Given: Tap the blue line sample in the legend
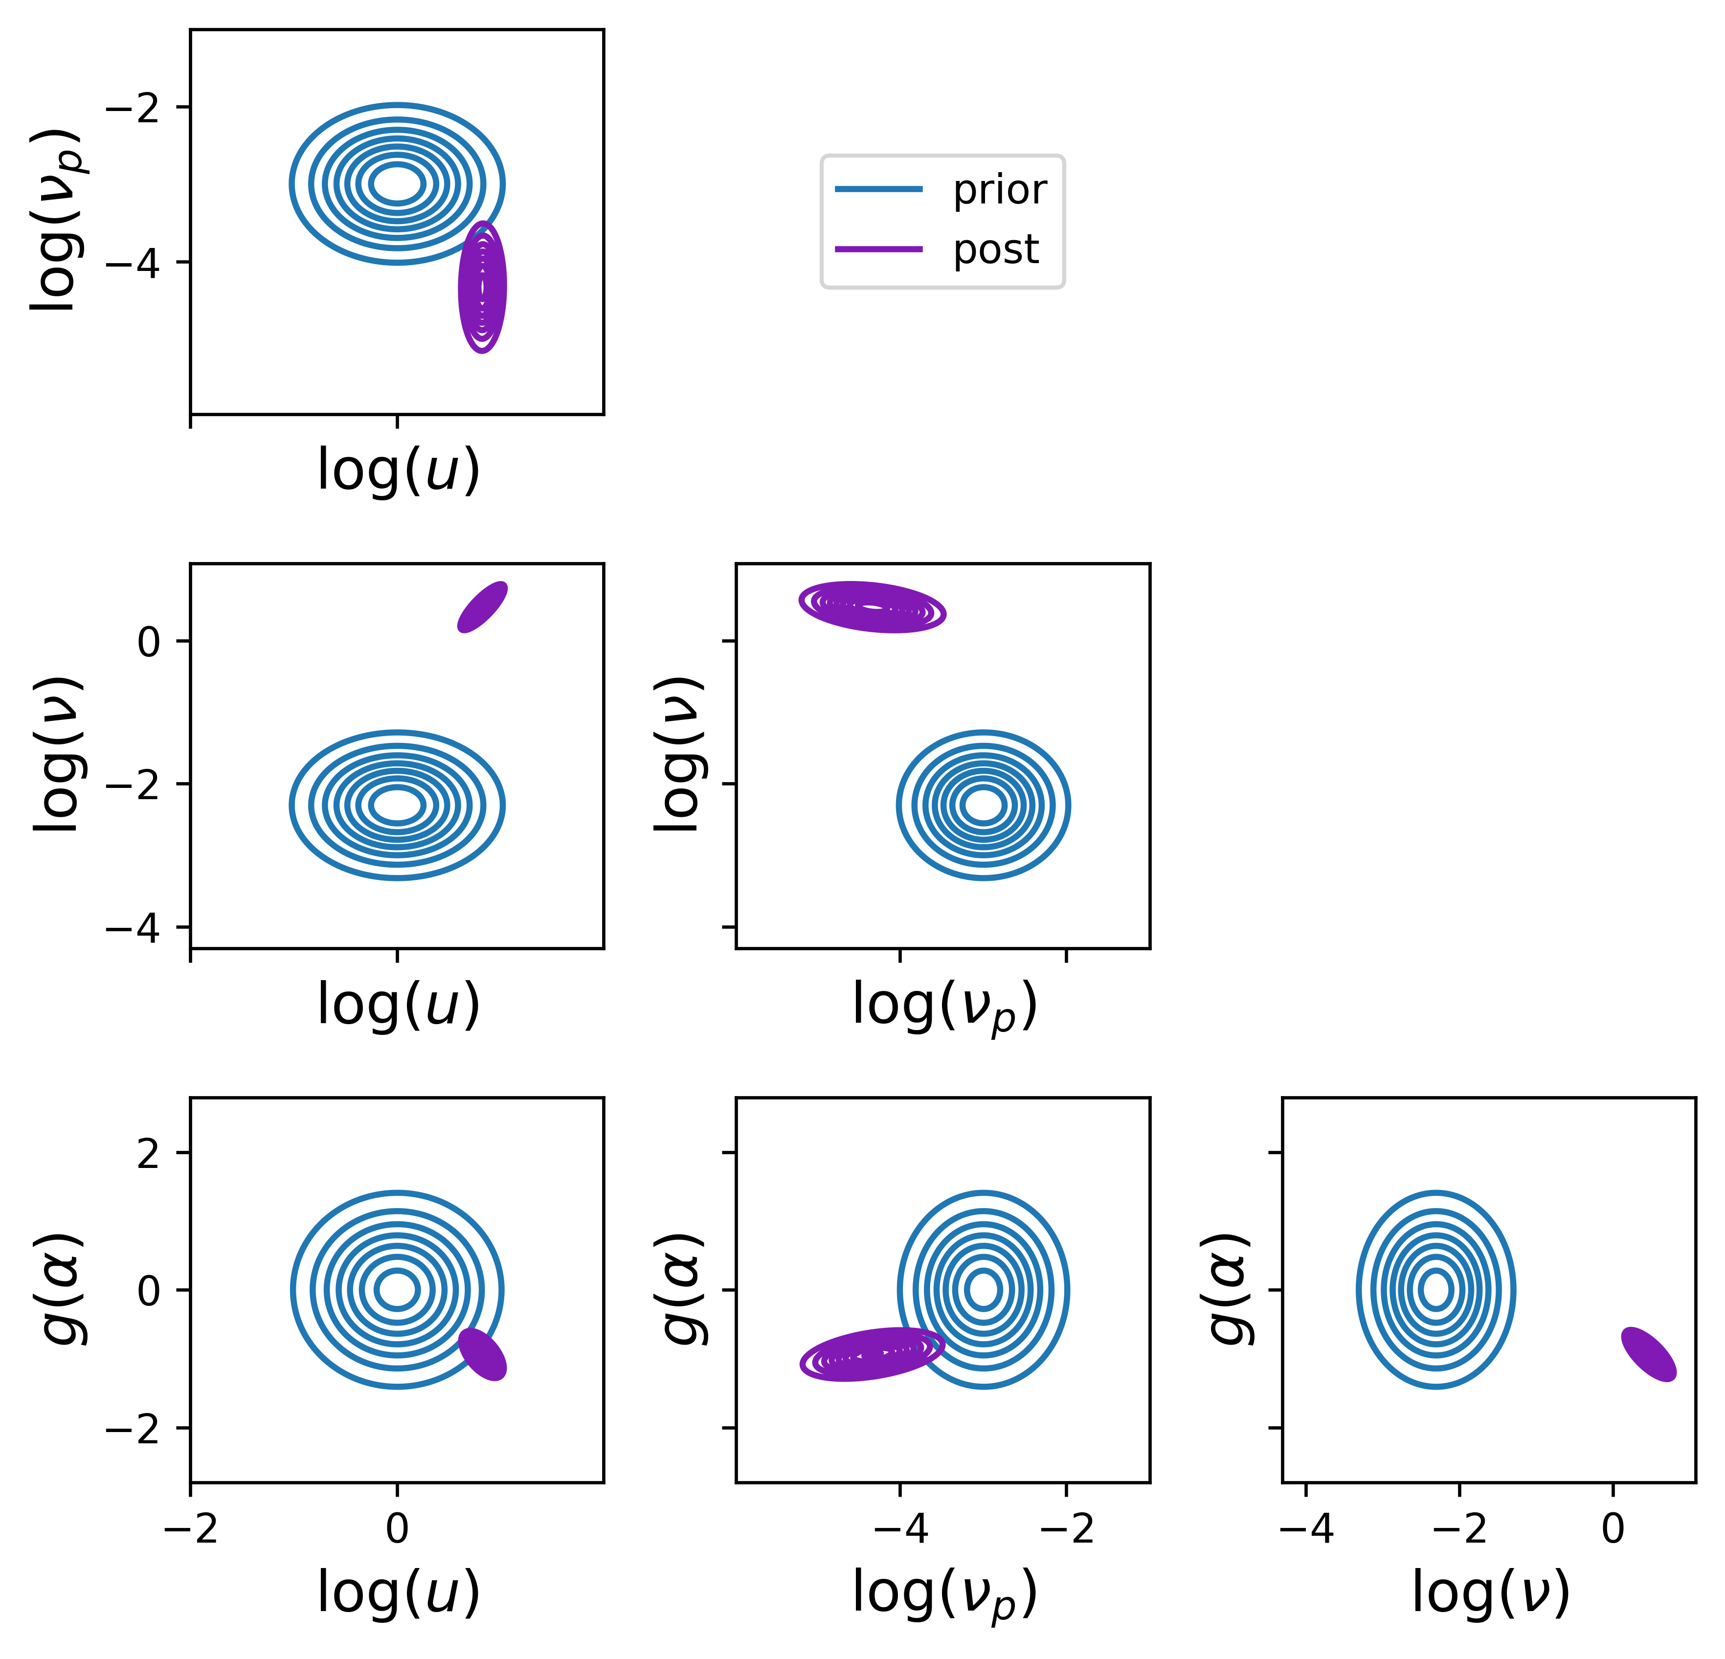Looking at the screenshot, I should pyautogui.click(x=878, y=189).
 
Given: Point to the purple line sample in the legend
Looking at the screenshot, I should pyautogui.click(x=878, y=249).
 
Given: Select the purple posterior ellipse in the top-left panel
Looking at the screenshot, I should pyautogui.click(x=482, y=287).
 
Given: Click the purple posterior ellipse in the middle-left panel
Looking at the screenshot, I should pyautogui.click(x=482, y=606).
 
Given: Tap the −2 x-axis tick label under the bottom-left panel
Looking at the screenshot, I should pyautogui.click(x=190, y=1529).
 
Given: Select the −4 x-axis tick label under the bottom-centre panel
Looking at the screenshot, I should pyautogui.click(x=899, y=1529).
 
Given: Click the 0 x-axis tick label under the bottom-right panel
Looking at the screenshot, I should pyautogui.click(x=1613, y=1529).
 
